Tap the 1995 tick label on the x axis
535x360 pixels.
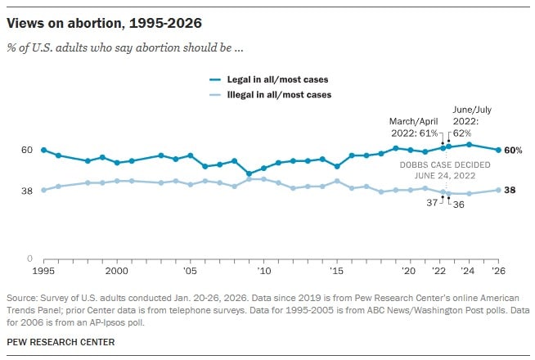(x=43, y=269)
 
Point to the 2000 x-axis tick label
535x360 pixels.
(x=117, y=269)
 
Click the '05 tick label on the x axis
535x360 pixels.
(x=190, y=269)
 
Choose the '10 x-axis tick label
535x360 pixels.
(x=263, y=269)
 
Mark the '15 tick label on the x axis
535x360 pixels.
(x=337, y=269)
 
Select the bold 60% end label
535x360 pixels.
(x=513, y=151)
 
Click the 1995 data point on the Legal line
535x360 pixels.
(x=43, y=150)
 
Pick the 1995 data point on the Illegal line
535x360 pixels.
(x=43, y=190)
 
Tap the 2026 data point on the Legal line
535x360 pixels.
(x=498, y=150)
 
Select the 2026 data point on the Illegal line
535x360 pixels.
(x=498, y=190)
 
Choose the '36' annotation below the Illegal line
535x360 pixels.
(x=458, y=205)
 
